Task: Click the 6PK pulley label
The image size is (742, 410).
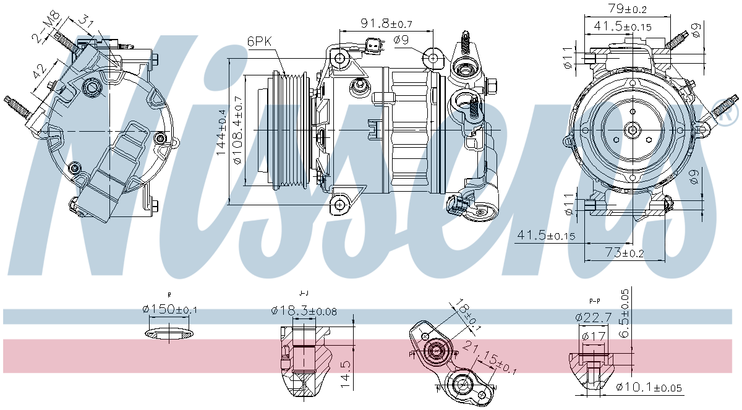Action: point(259,41)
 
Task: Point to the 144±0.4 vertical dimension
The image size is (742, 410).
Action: point(221,131)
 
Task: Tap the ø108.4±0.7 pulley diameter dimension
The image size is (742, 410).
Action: point(237,130)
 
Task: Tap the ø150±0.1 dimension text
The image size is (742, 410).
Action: point(169,310)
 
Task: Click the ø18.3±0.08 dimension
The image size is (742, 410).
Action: point(304,311)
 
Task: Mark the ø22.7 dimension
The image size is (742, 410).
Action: point(594,317)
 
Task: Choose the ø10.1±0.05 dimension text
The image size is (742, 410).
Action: point(649,388)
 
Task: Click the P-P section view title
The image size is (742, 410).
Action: point(595,301)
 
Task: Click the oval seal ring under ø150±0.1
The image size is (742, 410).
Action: point(169,335)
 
